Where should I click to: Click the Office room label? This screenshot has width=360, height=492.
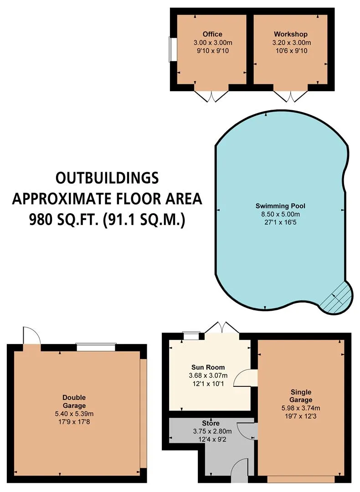[212, 34]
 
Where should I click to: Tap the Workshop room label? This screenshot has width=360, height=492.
[291, 34]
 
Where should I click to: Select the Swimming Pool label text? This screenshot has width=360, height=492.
[280, 206]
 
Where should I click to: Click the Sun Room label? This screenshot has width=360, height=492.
[208, 367]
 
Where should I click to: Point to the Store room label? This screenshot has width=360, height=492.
[211, 423]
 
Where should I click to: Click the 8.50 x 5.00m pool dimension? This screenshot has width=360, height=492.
[281, 214]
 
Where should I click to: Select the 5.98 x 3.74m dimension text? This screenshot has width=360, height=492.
[301, 408]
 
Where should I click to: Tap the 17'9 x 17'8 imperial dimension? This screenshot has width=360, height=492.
[74, 422]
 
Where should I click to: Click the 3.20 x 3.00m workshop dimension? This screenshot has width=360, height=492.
[292, 43]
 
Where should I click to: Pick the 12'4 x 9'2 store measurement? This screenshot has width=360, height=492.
[212, 440]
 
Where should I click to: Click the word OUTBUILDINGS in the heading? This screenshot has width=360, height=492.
[107, 178]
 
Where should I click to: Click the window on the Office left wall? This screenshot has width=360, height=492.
[171, 49]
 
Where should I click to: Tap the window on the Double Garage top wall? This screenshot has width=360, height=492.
[96, 347]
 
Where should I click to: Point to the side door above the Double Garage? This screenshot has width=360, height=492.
[32, 336]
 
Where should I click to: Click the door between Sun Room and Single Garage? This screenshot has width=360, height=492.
[246, 378]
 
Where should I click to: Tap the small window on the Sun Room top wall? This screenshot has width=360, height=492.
[191, 336]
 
